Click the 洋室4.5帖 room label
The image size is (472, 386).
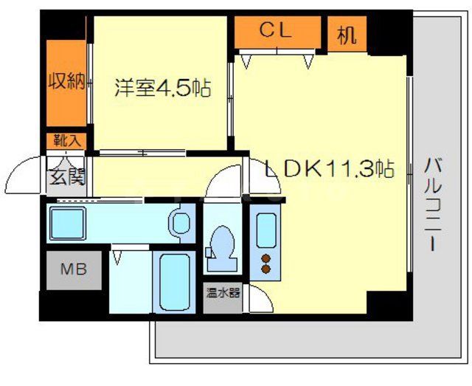162,89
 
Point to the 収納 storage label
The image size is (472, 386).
66,82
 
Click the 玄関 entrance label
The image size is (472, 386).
67,176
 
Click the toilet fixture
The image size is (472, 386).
220,244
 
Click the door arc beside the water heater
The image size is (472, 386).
259,300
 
